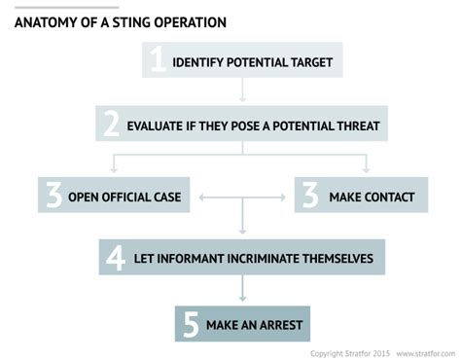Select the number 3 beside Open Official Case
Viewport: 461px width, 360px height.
[53, 196]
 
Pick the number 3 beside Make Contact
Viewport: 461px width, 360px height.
[310, 196]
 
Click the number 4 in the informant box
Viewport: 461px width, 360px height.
[116, 258]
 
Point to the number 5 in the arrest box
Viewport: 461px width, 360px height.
[191, 323]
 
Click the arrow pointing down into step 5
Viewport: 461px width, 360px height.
[241, 291]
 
